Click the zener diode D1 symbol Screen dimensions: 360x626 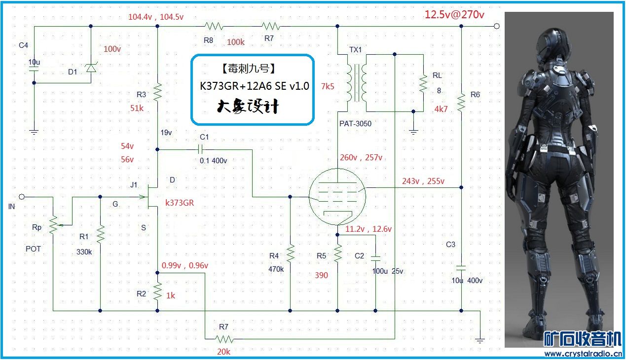(x=91, y=68)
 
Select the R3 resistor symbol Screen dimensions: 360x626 (x=157, y=92)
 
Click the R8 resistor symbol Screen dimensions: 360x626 (x=214, y=26)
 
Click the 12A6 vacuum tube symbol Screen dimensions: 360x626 (x=336, y=196)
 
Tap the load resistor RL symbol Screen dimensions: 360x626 (x=423, y=83)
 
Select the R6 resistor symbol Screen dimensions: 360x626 (x=461, y=103)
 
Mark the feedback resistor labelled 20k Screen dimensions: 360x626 (x=224, y=339)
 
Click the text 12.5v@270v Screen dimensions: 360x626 (x=454, y=14)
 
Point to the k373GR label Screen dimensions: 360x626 (x=180, y=202)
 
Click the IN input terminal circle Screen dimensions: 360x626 (x=22, y=196)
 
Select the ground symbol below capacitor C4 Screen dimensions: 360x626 (x=34, y=132)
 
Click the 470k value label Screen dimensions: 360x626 (x=276, y=269)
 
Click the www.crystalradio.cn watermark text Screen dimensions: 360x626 (x=583, y=354)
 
